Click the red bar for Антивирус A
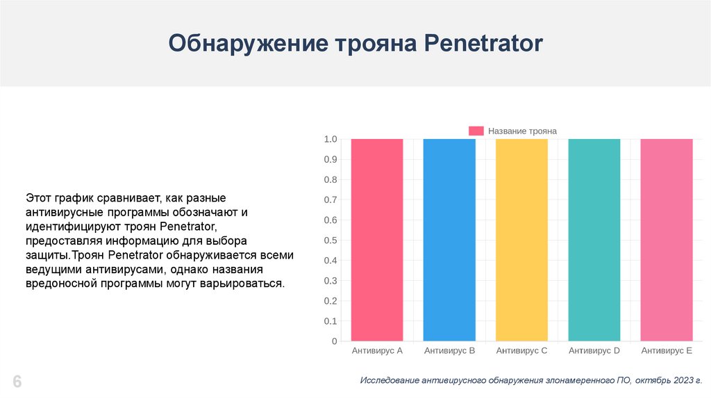coord(377,240)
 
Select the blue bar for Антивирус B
coord(449,240)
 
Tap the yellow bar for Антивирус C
coord(521,240)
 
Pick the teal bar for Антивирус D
coord(594,240)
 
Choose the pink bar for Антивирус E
coord(667,240)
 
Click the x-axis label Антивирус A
coord(377,351)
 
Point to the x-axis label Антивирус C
coord(521,351)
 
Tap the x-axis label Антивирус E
coord(667,351)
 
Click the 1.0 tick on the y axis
coord(331,140)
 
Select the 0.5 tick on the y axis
coord(331,241)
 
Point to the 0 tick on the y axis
coord(334,342)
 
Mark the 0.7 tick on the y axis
coord(331,200)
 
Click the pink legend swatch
coord(476,131)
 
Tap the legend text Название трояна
coord(522,131)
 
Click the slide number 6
coord(17,382)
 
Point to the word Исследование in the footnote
coord(394,381)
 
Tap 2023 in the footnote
coord(681,381)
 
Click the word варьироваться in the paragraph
coord(249,284)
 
